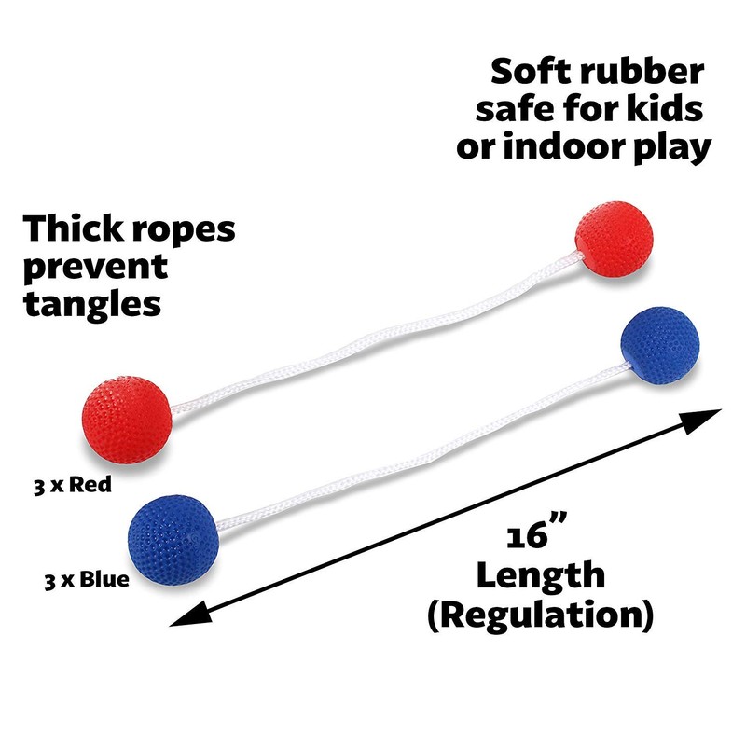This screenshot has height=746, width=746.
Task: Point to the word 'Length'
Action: click(x=540, y=574)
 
